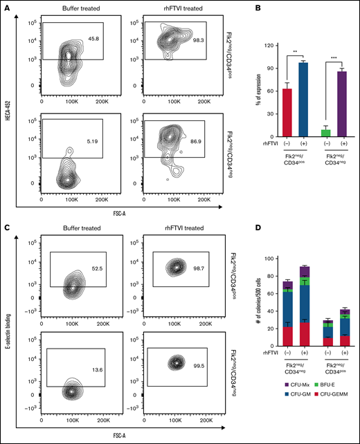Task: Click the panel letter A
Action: point(5,5)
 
